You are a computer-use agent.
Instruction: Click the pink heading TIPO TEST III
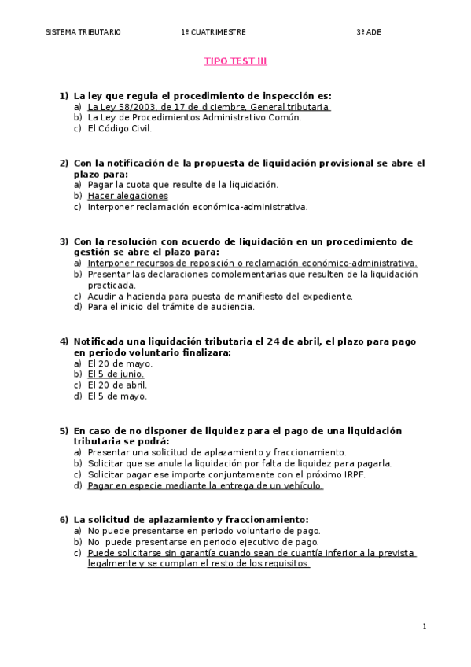(x=236, y=61)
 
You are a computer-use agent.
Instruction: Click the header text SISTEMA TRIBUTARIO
(x=83, y=32)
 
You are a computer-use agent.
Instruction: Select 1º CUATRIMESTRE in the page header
(x=213, y=32)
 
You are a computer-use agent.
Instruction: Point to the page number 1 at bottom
(x=424, y=626)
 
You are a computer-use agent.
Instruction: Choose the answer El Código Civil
(x=120, y=129)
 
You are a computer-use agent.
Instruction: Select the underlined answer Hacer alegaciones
(x=127, y=196)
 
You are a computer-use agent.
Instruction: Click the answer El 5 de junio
(x=116, y=374)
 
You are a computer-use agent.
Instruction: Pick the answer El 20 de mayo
(x=120, y=363)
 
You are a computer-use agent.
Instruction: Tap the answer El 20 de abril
(x=117, y=385)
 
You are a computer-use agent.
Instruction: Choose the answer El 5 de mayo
(x=117, y=396)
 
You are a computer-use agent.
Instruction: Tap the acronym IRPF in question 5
(x=355, y=475)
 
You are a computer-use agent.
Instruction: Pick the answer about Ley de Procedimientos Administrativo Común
(x=194, y=118)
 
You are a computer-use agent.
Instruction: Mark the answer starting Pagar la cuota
(x=182, y=185)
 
